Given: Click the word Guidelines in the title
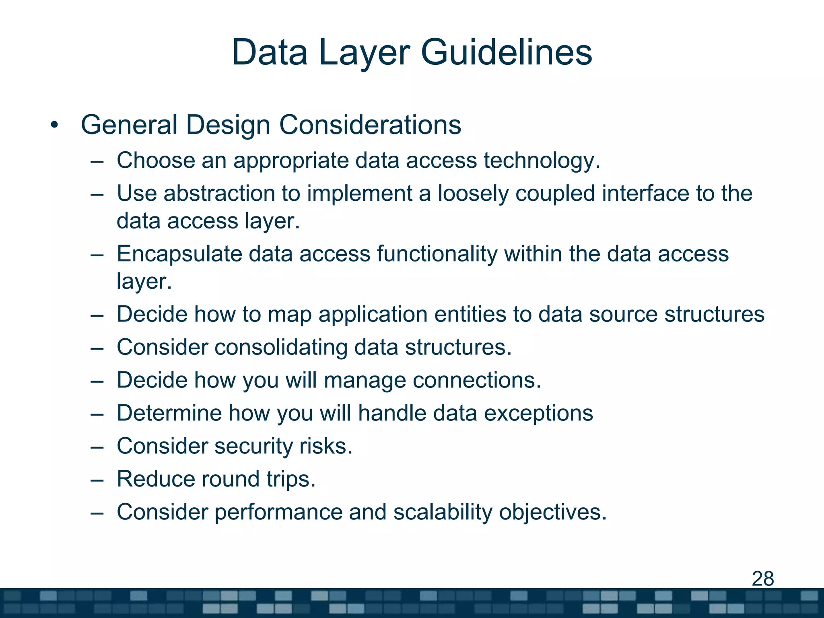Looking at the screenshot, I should pos(506,52).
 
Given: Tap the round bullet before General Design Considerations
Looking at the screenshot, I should pos(55,125).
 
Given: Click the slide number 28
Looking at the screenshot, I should pos(762,579).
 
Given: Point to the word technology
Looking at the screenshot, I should pos(542,161).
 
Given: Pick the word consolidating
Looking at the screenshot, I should pos(280,347).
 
